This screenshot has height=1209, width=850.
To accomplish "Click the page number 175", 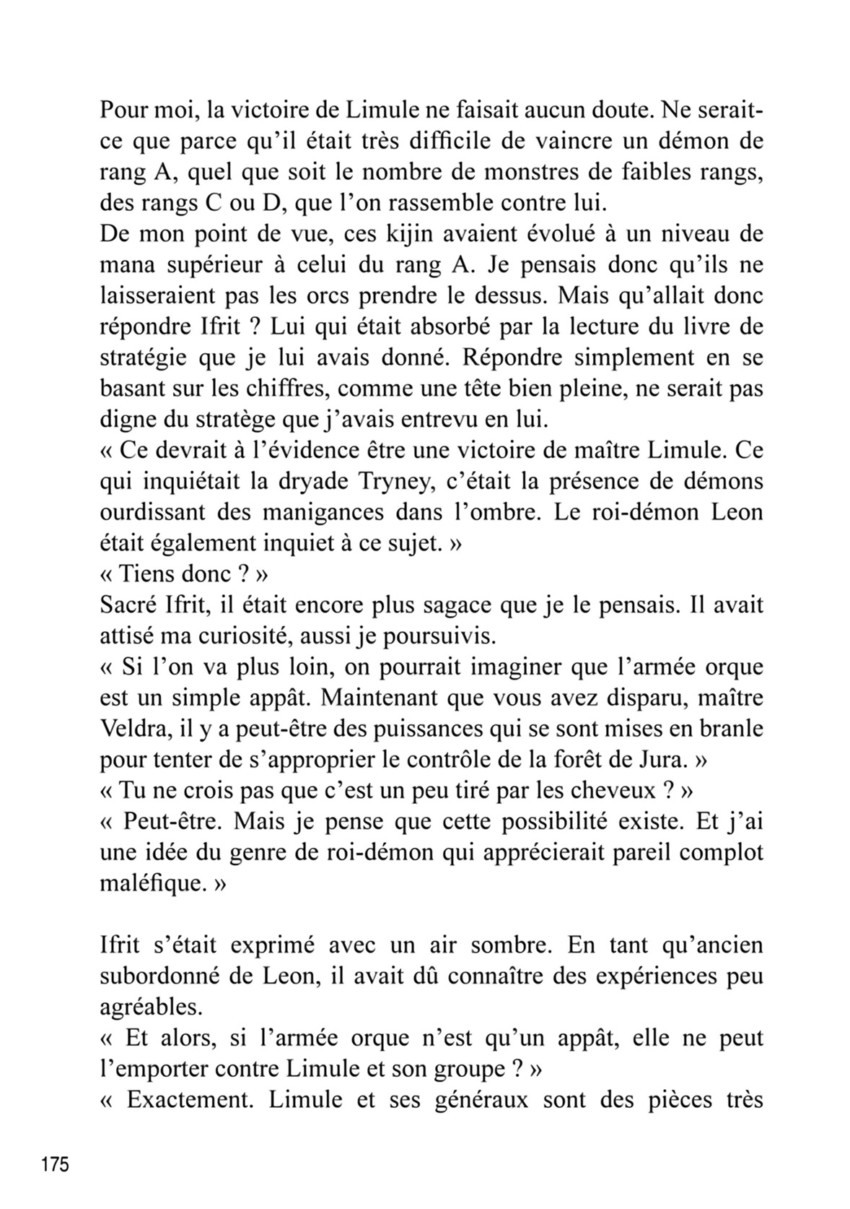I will pos(56,1165).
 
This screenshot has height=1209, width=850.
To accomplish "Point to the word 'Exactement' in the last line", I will pos(189,1100).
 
